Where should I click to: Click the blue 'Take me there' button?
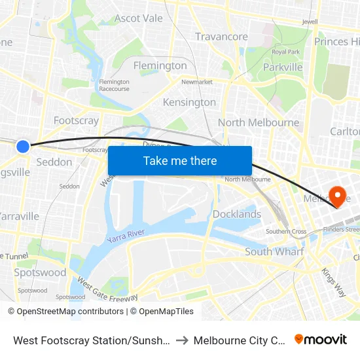click(180, 161)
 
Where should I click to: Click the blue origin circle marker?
click(23, 147)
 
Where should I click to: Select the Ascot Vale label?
click(138, 18)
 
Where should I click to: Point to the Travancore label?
click(221, 37)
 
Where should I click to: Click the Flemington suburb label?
click(160, 65)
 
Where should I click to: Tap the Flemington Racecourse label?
click(114, 85)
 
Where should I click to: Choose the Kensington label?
click(189, 102)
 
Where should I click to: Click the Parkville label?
click(283, 67)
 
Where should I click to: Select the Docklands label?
click(237, 214)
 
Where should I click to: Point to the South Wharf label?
click(274, 251)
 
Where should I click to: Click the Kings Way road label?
click(333, 282)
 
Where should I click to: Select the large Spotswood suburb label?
click(41, 272)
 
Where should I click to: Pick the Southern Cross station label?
click(286, 232)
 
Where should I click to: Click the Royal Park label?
click(285, 52)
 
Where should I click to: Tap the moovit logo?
click(320, 340)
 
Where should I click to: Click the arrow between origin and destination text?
click(182, 340)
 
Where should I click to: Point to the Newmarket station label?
click(197, 82)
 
